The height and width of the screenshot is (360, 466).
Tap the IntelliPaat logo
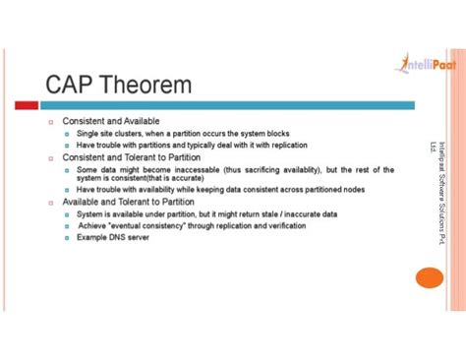pos(425,65)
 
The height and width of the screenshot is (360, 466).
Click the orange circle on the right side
pos(430,276)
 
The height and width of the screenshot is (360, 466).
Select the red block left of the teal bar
pos(28,105)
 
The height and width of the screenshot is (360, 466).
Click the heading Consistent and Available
pos(110,121)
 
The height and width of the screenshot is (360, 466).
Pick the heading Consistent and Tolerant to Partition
pos(131,156)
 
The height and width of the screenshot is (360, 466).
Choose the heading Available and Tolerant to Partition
pos(128,202)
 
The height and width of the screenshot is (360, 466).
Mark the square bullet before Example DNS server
pos(67,237)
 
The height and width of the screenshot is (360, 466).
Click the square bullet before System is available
pos(67,213)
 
